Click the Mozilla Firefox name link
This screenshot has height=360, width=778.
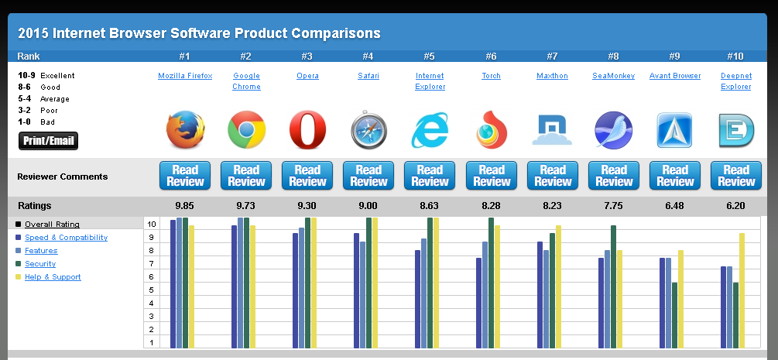185,76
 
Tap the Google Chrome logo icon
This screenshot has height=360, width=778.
246,130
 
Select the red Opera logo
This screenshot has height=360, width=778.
307,130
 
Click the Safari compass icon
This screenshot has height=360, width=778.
368,130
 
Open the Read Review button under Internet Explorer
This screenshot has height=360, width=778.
430,176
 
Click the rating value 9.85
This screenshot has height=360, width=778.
185,206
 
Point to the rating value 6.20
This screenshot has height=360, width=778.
735,206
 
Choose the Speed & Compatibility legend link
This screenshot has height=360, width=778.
66,238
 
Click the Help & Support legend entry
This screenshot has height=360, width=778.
53,277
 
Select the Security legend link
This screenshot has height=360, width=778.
40,264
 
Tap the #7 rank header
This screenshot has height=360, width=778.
552,57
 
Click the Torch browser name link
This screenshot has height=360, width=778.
491,76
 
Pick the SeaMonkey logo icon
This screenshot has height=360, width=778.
613,130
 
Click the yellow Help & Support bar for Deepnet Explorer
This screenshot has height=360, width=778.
742,290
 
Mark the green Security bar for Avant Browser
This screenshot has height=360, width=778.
674,315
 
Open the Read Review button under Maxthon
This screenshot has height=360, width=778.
552,176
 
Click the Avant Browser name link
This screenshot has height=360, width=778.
675,76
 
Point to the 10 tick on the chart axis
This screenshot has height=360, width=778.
153,225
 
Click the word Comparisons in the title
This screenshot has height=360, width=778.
335,33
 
